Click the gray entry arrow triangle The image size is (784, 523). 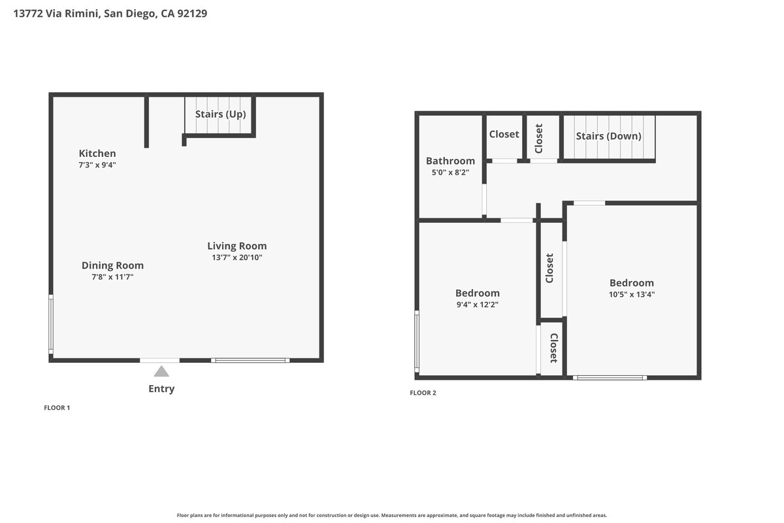[x=161, y=371]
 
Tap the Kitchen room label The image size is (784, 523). [x=97, y=154]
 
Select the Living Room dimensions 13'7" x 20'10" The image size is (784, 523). [x=237, y=258]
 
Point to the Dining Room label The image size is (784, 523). [x=112, y=265]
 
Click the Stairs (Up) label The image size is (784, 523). [x=221, y=114]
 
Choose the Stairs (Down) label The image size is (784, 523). [x=609, y=136]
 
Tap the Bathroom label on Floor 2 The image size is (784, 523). [x=450, y=161]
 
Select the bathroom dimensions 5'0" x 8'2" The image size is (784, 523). [x=450, y=173]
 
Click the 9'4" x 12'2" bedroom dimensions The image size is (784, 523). [x=478, y=305]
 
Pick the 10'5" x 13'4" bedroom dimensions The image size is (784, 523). [x=632, y=294]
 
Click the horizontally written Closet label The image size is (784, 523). [x=504, y=134]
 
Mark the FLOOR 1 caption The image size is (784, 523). [x=57, y=408]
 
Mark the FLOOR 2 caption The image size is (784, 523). [x=423, y=393]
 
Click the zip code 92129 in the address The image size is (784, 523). [x=192, y=13]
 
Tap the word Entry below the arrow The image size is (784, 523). [x=161, y=389]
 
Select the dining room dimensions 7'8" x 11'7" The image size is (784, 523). [x=112, y=277]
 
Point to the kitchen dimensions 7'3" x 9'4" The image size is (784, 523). [x=97, y=165]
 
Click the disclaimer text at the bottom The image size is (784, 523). [x=391, y=515]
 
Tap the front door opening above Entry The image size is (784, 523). [x=160, y=360]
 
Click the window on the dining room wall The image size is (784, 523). [x=51, y=324]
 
